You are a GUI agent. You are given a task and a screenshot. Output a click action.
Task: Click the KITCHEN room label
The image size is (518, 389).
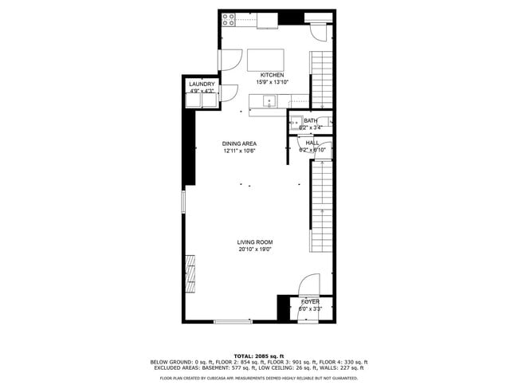click(x=271, y=75)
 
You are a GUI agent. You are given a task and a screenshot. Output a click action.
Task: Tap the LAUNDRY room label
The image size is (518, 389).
click(x=202, y=84)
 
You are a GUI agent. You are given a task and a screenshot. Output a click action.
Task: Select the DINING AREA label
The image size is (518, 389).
click(x=238, y=143)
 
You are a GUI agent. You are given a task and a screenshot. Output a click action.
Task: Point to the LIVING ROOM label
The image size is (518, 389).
click(x=255, y=242)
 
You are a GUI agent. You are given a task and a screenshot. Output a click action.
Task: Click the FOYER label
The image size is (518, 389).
click(x=309, y=302)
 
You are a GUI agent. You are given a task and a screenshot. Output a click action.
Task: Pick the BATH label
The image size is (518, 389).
click(x=310, y=120)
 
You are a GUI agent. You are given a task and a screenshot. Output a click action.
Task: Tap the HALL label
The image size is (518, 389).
click(x=312, y=143)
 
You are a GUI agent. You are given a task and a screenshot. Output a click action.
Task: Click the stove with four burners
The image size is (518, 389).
click(x=228, y=19)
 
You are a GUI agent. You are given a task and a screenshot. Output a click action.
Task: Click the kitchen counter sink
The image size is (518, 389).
click(x=269, y=100)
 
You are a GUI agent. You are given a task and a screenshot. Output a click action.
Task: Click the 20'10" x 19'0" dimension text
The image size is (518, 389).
click(x=255, y=250)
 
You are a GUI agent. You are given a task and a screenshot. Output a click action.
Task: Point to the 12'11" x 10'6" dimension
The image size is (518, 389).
click(x=238, y=151)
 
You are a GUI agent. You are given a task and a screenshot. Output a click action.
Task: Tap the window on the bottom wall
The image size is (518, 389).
click(x=233, y=321)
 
